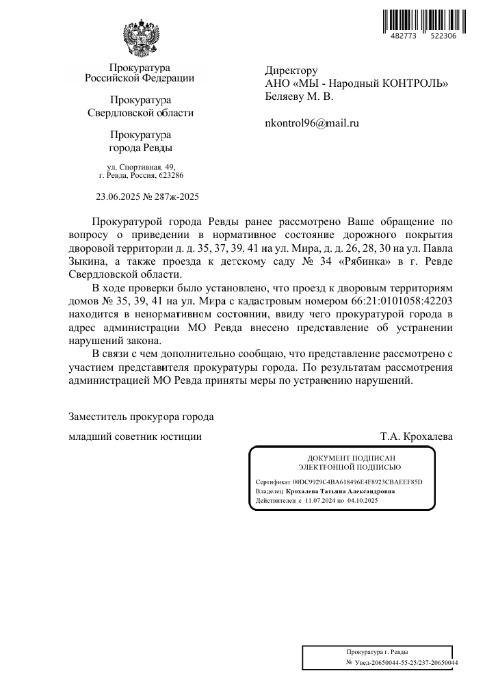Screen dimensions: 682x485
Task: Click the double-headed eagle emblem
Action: click(142, 38)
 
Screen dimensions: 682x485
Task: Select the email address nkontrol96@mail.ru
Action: click(311, 124)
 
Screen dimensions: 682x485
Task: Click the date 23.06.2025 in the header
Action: click(120, 197)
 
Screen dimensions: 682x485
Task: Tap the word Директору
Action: click(291, 70)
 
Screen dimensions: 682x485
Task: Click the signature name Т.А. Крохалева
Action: click(416, 436)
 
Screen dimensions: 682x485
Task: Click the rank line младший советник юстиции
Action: click(135, 436)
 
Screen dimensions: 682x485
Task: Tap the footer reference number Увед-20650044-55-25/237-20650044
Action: click(406, 663)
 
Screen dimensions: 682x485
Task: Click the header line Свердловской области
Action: click(141, 113)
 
